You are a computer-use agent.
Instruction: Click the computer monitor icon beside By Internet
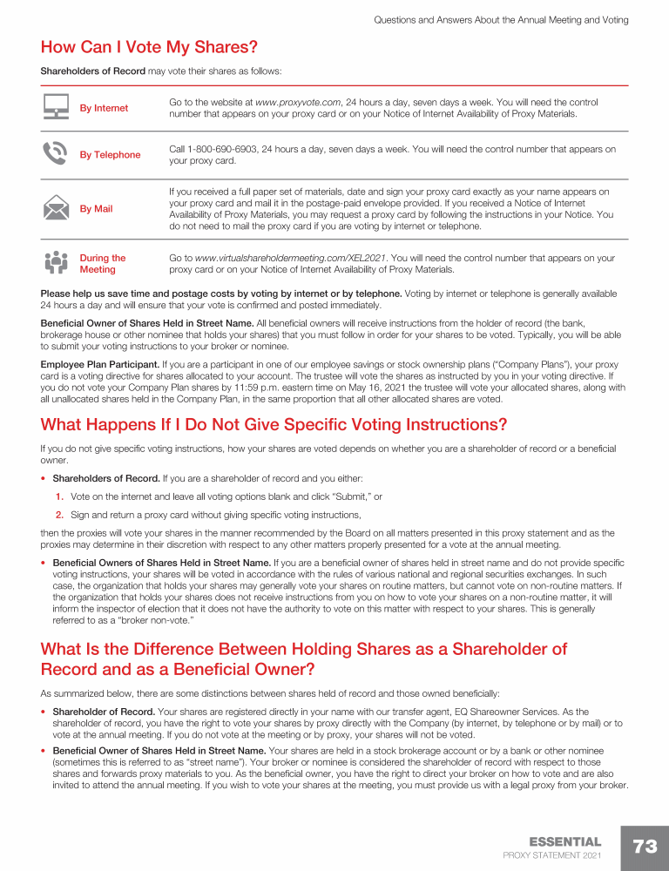[56, 108]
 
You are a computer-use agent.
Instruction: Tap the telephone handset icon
[56, 154]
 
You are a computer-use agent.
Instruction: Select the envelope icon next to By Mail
[56, 208]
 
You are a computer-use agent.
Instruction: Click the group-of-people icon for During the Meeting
[56, 263]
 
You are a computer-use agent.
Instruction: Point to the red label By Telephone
[110, 155]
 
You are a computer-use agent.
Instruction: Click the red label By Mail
[96, 209]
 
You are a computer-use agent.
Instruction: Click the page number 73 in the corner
[645, 847]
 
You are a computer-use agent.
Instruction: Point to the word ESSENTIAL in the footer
[564, 842]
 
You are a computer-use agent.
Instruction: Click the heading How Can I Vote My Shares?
[149, 46]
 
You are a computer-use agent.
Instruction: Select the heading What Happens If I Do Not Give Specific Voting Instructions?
[274, 425]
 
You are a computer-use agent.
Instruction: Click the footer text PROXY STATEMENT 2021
[552, 856]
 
